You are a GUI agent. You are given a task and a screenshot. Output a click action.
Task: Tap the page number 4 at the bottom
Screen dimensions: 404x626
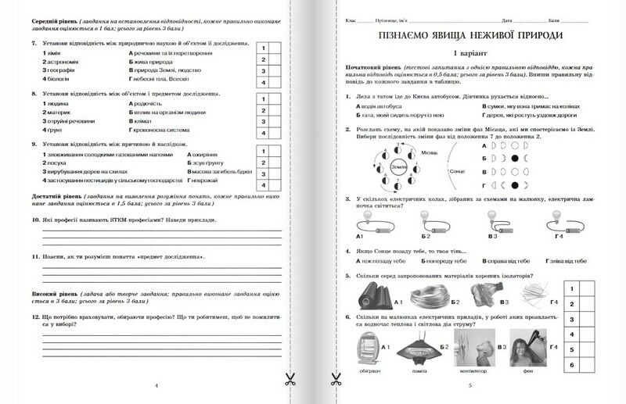pos(156,385)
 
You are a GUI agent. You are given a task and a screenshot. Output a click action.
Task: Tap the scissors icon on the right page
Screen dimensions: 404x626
pos(337,379)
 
